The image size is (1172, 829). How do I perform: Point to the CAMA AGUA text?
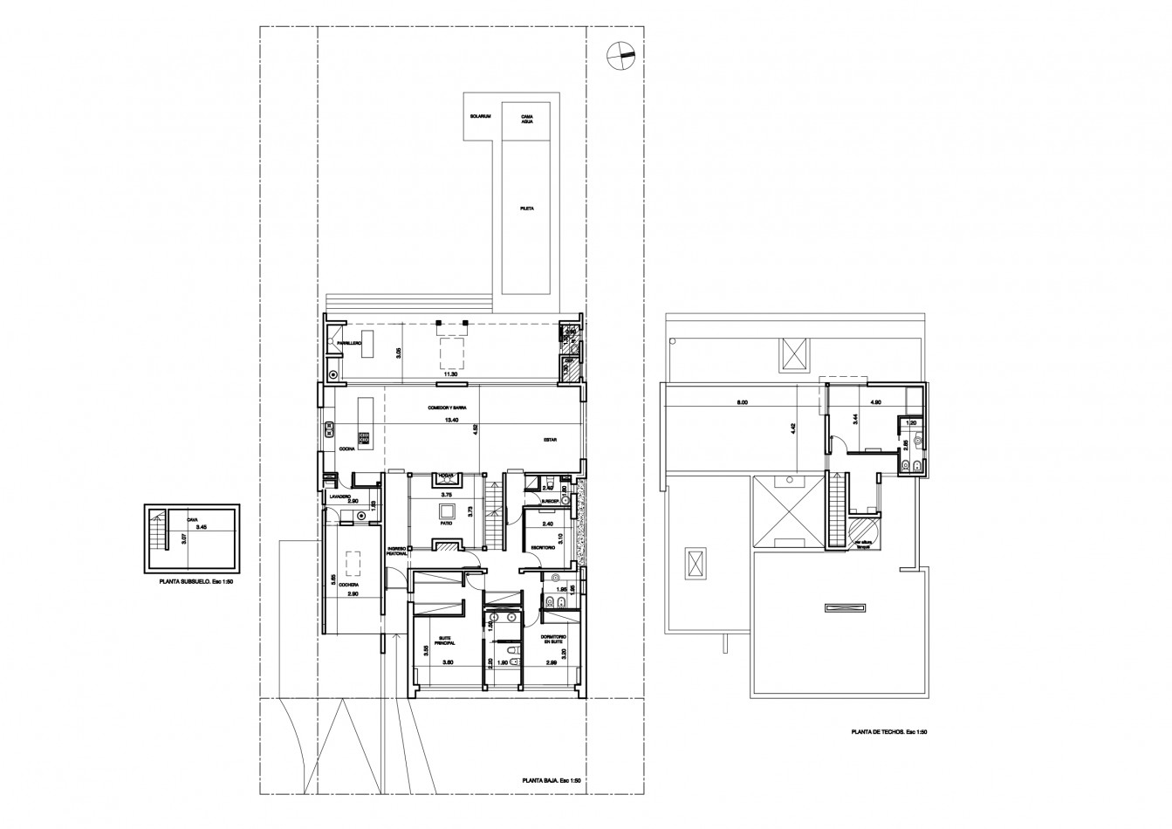527,119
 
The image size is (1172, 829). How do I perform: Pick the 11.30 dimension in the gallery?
450,374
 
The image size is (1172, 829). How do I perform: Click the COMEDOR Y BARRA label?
448,408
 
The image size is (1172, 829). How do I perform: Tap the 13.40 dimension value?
450,420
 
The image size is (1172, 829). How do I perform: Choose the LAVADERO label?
339,496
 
